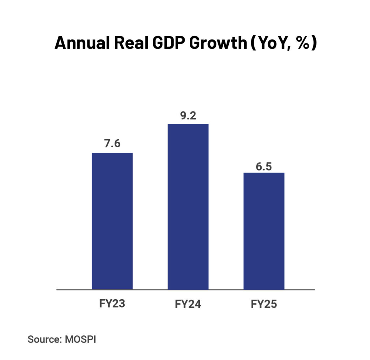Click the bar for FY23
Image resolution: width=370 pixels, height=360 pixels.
coord(112,221)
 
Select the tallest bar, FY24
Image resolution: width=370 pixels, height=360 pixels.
coord(188,206)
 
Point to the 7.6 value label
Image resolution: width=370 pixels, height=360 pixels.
coord(112,144)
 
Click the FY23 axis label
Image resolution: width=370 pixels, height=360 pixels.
coord(112,303)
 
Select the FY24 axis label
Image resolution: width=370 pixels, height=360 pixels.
coord(188,304)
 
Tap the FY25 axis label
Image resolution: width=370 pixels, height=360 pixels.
coord(264,304)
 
